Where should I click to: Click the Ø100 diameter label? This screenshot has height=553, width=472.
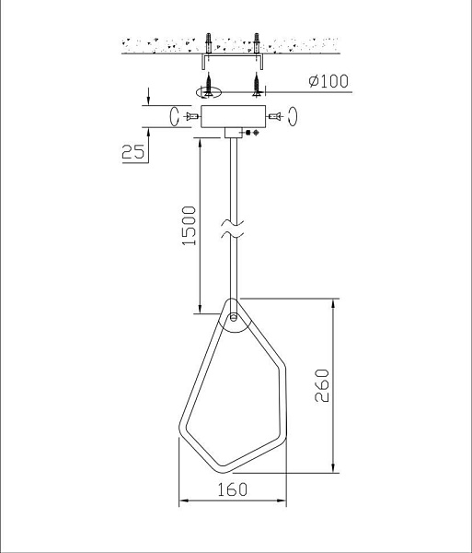coord(328,81)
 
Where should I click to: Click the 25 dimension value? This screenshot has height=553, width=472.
coord(133,152)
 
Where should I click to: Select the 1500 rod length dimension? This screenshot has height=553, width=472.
coord(189,226)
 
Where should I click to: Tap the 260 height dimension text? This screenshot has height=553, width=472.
coord(322,385)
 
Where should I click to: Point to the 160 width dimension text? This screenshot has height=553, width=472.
coord(232,489)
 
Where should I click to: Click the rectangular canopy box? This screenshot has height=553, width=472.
coord(233,116)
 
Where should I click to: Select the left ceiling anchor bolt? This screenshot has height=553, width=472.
coord(208,43)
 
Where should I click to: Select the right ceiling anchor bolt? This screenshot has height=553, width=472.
coord(257,43)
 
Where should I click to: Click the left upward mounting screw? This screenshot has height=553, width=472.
coord(208,85)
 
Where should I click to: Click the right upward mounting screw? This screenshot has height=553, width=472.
coord(257,85)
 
